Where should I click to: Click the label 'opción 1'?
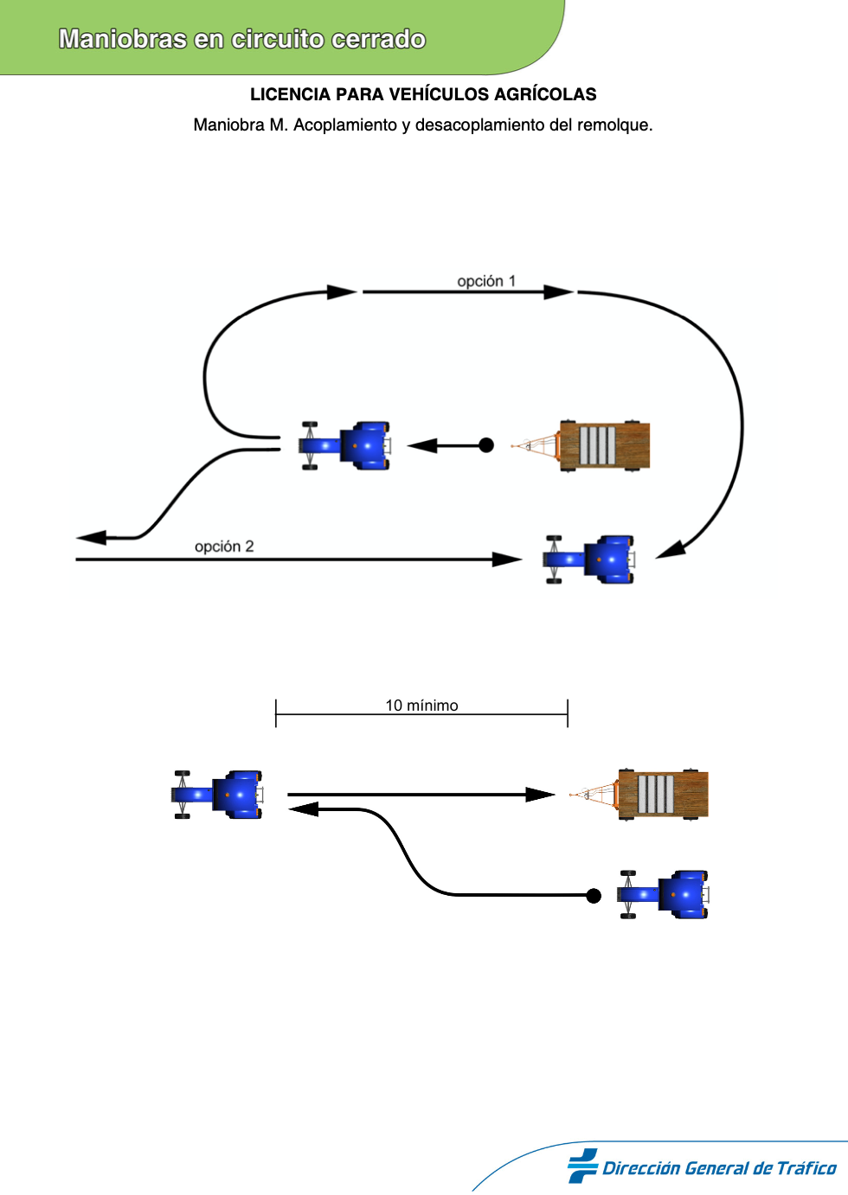(486, 281)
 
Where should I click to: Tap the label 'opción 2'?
(224, 546)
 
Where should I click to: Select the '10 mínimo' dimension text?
(422, 706)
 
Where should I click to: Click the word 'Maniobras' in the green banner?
(122, 39)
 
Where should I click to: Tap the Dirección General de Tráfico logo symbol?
(582, 1166)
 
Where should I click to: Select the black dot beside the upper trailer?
(486, 445)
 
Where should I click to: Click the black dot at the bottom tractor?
(594, 896)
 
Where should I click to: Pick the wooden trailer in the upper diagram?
(581, 445)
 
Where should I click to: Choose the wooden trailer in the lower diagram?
(639, 795)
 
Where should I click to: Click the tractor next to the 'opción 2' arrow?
(589, 559)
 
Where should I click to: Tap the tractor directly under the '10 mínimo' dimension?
(217, 795)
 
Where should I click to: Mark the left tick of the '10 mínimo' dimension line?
(275, 713)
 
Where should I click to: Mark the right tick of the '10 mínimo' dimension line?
(568, 713)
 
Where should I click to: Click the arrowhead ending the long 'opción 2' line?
(507, 559)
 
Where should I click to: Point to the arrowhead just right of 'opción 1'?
(559, 291)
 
